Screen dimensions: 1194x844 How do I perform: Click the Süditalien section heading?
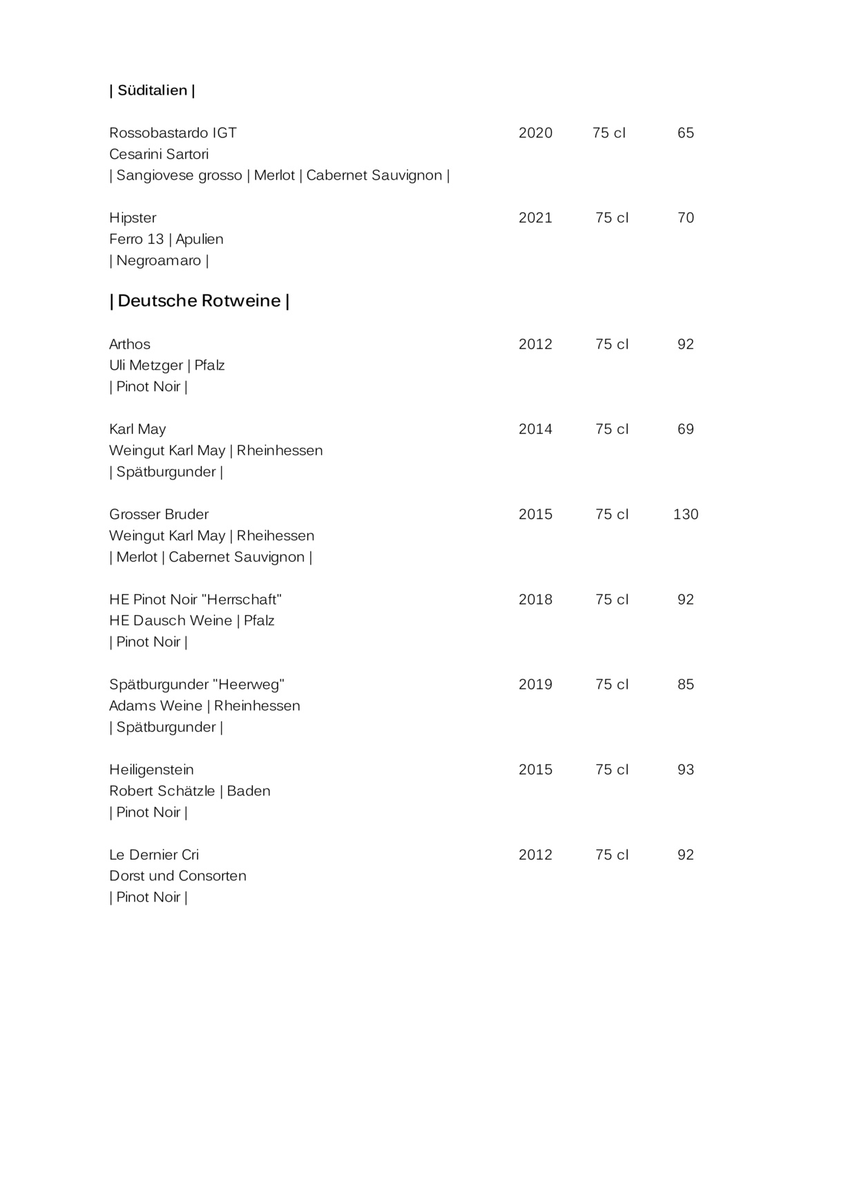point(152,91)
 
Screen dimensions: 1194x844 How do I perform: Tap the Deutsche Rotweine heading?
point(199,301)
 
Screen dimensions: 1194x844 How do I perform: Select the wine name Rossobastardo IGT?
point(173,133)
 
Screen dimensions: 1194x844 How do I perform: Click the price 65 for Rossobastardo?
point(685,133)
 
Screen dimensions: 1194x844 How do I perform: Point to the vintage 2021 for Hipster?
point(535,218)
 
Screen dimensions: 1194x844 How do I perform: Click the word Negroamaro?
point(159,260)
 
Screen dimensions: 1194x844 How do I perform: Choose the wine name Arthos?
point(130,344)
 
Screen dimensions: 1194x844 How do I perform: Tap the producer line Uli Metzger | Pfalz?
point(167,366)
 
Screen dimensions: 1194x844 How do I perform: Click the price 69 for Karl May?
point(685,429)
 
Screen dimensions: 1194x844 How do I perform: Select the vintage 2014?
point(535,429)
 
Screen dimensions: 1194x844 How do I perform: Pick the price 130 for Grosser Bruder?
point(685,514)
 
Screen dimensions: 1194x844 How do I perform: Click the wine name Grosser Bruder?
point(159,514)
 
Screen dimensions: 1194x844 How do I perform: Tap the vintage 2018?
point(535,599)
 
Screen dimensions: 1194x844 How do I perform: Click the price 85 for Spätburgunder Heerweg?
point(685,684)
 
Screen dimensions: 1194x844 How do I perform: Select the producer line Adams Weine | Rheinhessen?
point(204,705)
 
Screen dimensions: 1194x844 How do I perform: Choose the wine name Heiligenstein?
point(151,770)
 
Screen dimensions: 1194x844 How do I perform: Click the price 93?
point(685,770)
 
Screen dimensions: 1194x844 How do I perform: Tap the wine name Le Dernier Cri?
point(154,855)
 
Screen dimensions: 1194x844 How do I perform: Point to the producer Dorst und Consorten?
point(178,876)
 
